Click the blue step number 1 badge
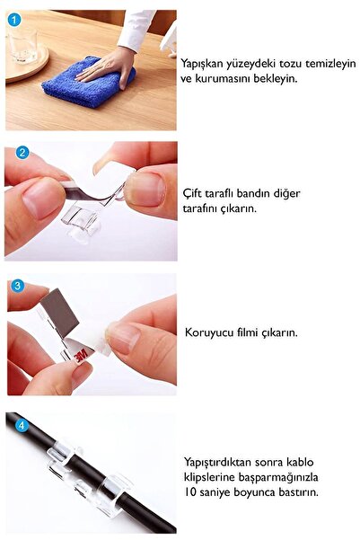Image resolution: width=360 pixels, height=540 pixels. point(13,19)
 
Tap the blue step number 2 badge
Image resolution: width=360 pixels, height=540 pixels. point(22,152)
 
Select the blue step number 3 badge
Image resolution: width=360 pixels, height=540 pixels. point(17,286)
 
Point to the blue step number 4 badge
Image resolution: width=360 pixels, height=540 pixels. point(22,426)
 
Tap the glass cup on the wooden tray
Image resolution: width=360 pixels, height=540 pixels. point(23,46)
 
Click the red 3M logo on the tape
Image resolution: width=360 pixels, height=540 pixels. point(83,355)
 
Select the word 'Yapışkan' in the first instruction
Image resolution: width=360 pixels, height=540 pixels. point(202,64)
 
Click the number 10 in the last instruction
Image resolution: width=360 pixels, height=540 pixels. point(189,491)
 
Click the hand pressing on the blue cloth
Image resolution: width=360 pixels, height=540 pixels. point(107,67)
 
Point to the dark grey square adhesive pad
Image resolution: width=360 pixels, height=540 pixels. point(60,313)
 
